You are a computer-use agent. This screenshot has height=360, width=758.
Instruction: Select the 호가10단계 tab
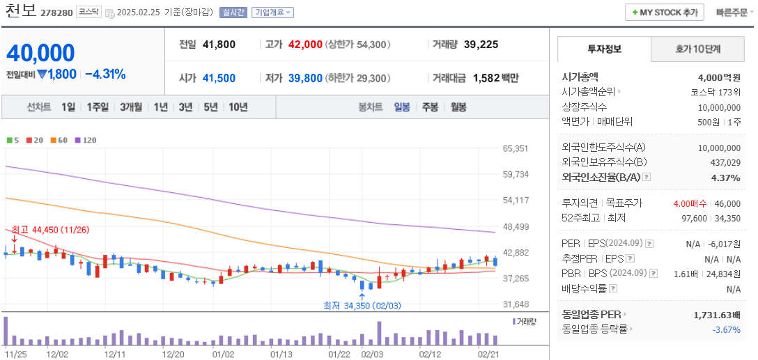pyautogui.click(x=697, y=49)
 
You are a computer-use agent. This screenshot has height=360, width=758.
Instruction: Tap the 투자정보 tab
pyautogui.click(x=604, y=49)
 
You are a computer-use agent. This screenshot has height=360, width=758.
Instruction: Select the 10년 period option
pyautogui.click(x=238, y=107)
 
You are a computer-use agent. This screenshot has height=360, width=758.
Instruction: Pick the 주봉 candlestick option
pyautogui.click(x=430, y=107)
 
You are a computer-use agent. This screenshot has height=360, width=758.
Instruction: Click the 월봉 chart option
pyautogui.click(x=458, y=107)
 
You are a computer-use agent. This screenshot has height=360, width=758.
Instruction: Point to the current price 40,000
pyautogui.click(x=41, y=53)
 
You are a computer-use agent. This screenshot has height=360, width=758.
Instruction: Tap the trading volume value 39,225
pyautogui.click(x=481, y=45)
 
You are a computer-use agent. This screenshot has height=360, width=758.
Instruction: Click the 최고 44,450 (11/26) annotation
pyautogui.click(x=50, y=230)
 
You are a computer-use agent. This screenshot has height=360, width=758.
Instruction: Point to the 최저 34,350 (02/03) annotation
pyautogui.click(x=362, y=305)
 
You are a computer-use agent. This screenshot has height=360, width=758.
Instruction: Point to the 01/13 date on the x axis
pyautogui.click(x=281, y=354)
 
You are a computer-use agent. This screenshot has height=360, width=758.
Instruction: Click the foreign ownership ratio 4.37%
pyautogui.click(x=726, y=178)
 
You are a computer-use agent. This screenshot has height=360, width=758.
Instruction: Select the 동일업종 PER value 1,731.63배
pyautogui.click(x=717, y=315)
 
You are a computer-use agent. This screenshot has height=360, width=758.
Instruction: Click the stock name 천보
pyautogui.click(x=20, y=12)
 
